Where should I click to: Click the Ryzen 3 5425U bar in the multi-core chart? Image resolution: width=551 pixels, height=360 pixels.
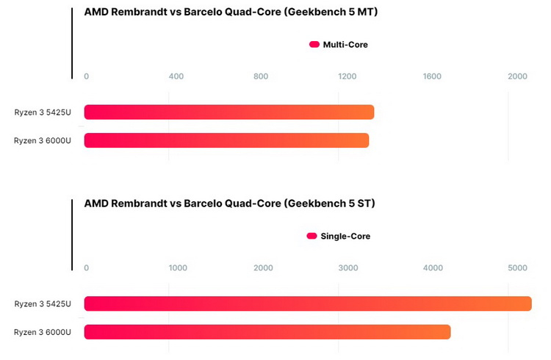pos(229,112)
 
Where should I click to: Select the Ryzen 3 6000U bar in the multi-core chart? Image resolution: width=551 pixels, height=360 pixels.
pos(226,140)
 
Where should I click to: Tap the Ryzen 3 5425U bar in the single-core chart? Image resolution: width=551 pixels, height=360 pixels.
pos(307,303)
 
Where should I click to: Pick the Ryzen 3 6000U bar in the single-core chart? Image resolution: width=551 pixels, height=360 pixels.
pos(267,332)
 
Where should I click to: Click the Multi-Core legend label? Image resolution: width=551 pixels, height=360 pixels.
pos(345,45)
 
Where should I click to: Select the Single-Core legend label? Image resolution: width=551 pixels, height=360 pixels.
pos(345,237)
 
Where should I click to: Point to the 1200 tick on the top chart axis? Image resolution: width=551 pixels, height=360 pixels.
pos(347,76)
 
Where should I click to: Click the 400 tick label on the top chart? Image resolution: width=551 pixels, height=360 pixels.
pos(176,76)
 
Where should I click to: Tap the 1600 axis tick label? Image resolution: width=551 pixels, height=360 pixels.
pos(432,76)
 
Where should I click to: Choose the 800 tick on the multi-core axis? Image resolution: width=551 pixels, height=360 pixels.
pos(261,76)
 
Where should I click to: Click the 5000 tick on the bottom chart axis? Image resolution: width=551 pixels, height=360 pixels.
pos(517,268)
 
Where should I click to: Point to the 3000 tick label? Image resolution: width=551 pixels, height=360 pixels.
pos(347,268)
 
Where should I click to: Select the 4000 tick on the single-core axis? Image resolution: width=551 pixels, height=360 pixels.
pos(433,268)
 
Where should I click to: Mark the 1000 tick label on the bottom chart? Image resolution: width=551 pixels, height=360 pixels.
pos(179,268)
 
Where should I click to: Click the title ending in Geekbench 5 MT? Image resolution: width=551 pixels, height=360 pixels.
pos(231,12)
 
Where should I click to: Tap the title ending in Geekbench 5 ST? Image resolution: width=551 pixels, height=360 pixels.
pos(229,204)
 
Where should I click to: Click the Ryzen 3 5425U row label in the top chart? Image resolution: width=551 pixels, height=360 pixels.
pos(43,112)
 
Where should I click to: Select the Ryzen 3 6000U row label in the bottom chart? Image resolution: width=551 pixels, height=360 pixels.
pos(43,332)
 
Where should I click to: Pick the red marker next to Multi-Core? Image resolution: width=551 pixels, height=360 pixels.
pos(314,45)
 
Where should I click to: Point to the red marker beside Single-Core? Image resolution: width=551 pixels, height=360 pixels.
pos(312,237)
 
